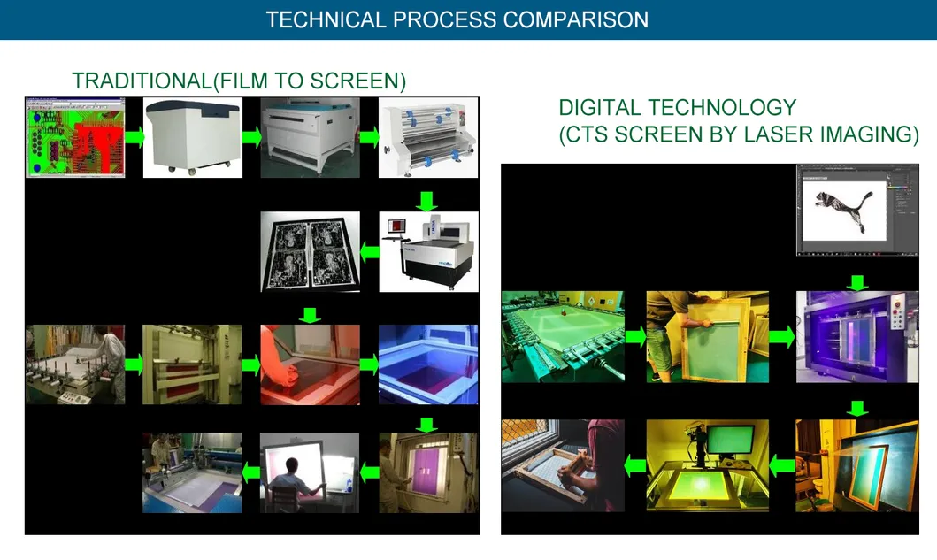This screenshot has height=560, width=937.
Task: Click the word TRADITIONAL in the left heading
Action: [142, 81]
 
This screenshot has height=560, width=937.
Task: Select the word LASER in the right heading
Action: [776, 135]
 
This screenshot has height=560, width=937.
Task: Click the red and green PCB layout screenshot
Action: [75, 137]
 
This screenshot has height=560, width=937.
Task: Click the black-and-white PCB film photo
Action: [310, 251]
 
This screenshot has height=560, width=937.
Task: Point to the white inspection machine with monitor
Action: [428, 251]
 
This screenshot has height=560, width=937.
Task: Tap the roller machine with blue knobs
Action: [428, 137]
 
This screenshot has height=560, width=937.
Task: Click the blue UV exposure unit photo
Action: [428, 364]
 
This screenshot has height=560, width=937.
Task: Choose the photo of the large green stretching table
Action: [563, 336]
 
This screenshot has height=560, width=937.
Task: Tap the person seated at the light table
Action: [310, 472]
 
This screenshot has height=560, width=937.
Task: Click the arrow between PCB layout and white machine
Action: [134, 137]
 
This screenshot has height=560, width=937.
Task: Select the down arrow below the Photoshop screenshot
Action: [856, 281]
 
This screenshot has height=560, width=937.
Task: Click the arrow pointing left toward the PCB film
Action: [370, 251]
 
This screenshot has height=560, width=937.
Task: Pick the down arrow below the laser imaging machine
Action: [856, 408]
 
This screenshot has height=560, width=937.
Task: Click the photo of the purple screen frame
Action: [428, 472]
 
